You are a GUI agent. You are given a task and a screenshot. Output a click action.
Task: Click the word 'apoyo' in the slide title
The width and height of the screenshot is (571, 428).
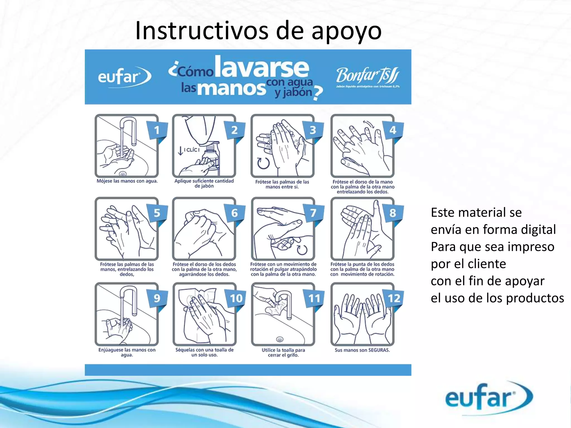tap(346, 31)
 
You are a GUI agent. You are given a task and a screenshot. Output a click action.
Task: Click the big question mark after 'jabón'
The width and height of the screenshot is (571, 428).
tap(318, 93)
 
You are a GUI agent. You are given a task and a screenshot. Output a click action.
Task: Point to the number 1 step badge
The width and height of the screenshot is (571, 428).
tap(157, 130)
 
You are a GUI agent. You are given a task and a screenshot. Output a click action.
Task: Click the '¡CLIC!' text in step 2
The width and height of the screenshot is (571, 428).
tap(192, 150)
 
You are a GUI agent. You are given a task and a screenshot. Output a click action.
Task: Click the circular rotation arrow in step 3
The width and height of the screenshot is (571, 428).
tap(263, 163)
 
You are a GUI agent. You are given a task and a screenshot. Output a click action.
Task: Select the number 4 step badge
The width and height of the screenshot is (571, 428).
tap(393, 130)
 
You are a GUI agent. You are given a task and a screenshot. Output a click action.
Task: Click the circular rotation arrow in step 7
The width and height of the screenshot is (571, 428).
tap(302, 249)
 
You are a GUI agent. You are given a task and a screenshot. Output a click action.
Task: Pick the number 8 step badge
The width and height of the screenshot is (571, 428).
tap(393, 213)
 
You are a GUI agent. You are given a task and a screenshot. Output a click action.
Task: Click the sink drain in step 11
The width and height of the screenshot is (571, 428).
tap(280, 339)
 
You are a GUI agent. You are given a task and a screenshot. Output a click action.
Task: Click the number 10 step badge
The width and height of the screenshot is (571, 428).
tap(236, 299)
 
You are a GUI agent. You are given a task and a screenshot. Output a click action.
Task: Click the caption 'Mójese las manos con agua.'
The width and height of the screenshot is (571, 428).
tap(127, 181)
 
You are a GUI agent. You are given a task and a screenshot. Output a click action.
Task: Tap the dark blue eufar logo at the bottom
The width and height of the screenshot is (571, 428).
tap(488, 397)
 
